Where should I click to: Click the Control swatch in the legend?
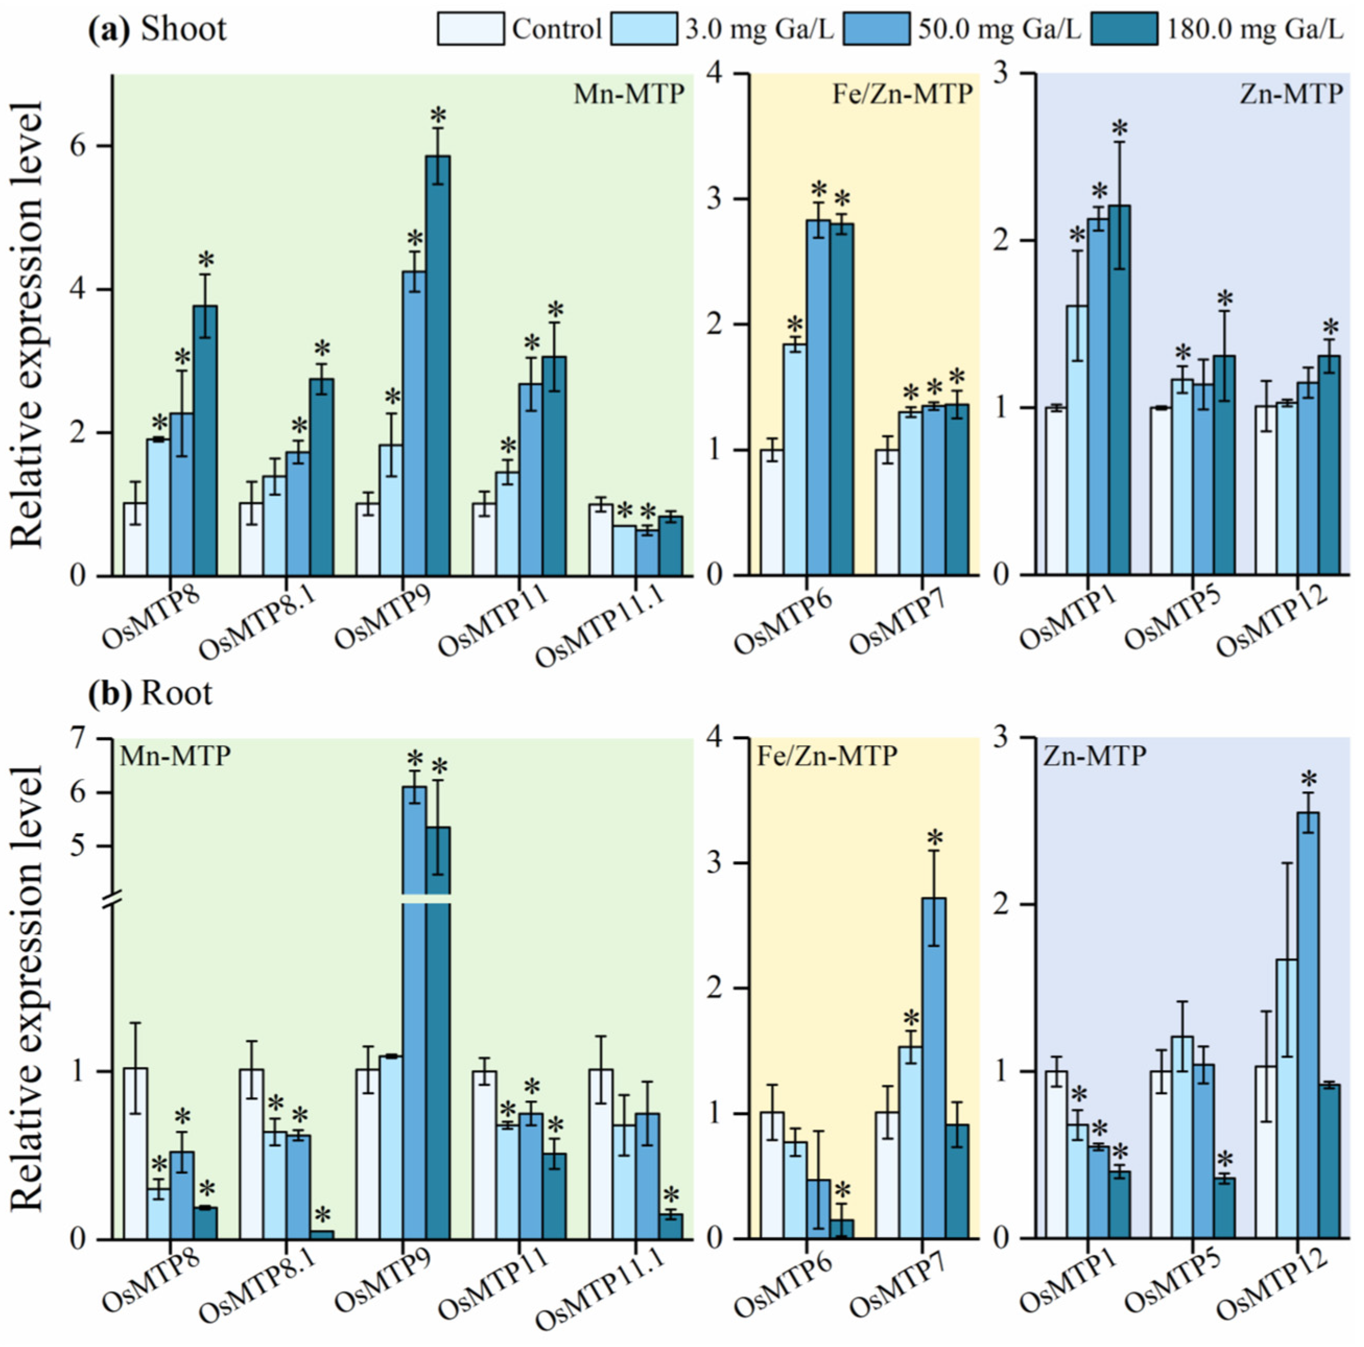pyautogui.click(x=471, y=29)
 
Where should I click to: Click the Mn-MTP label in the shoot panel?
pyautogui.click(x=628, y=94)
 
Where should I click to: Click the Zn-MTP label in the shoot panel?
pyautogui.click(x=1290, y=94)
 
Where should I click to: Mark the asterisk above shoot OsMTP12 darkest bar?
pyautogui.click(x=1331, y=329)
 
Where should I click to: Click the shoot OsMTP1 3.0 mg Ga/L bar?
pyautogui.click(x=1077, y=440)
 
